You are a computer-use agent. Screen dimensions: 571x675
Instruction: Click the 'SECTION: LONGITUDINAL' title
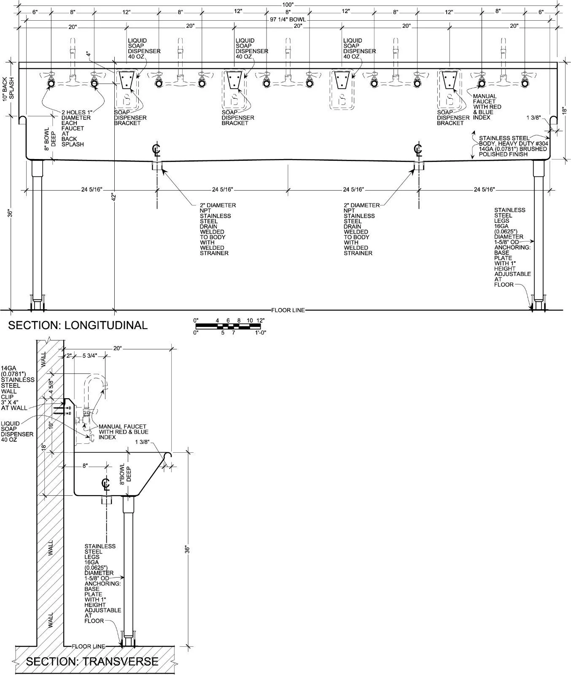tap(78, 325)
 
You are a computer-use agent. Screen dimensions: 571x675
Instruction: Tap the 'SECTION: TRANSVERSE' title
tap(92, 661)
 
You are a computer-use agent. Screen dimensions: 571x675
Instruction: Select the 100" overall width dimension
tap(288, 5)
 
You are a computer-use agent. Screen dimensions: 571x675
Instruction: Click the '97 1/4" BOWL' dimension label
tap(288, 19)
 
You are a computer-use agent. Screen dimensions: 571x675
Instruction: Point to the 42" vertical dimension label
tap(113, 197)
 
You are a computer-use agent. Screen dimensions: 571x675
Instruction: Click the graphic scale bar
tap(230, 326)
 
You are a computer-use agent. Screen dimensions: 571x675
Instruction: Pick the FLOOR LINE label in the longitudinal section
tap(288, 310)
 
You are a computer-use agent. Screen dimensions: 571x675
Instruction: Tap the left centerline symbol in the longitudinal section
tap(157, 150)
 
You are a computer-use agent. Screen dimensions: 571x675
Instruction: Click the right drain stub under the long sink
tap(418, 165)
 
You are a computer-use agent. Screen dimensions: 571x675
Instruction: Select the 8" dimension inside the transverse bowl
tap(85, 466)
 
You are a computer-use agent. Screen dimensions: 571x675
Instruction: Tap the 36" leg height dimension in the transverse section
tap(187, 549)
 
